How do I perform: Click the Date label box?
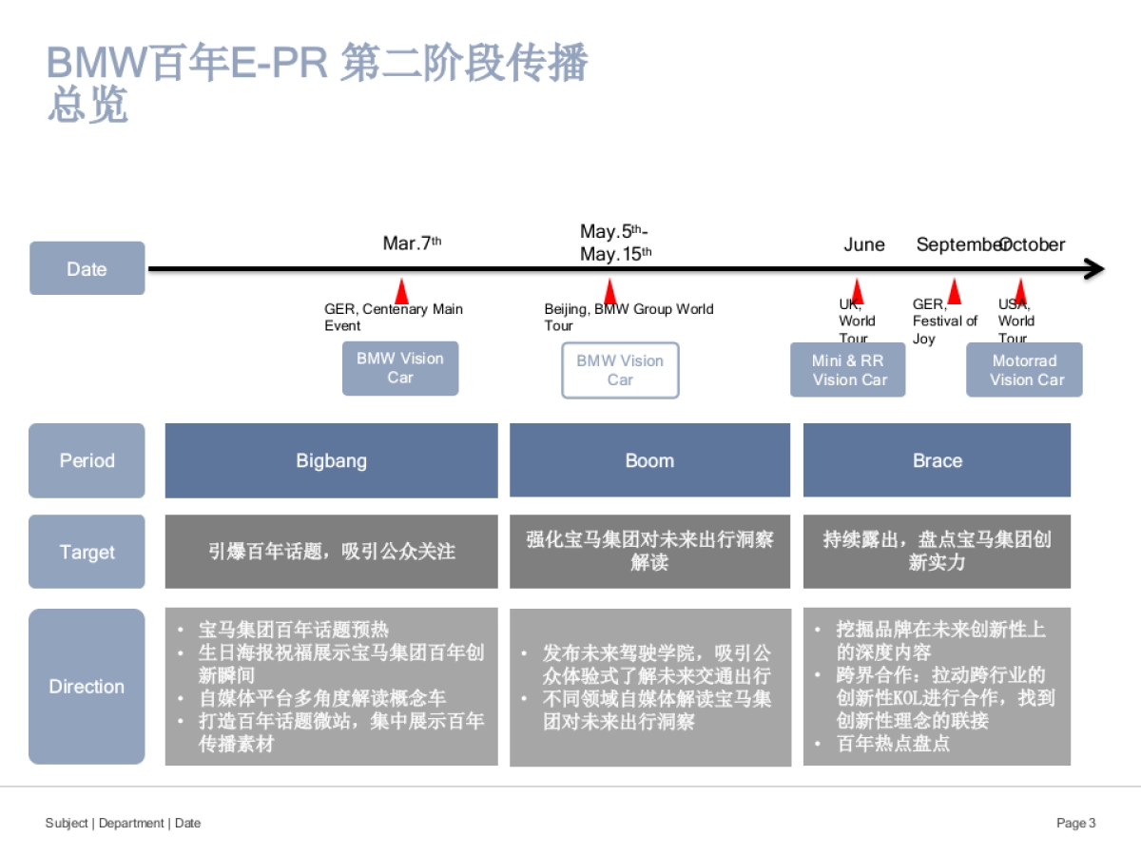[87, 268]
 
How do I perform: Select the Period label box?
[87, 460]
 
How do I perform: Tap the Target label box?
[87, 552]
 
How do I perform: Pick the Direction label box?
[87, 686]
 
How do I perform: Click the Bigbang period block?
[331, 460]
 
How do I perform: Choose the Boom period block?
[649, 460]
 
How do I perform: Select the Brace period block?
[937, 460]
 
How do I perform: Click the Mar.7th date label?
[411, 243]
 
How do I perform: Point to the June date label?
[863, 244]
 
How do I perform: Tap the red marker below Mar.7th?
[401, 292]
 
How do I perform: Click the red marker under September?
[954, 292]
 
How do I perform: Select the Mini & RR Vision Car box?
[847, 370]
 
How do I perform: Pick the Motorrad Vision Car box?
[1024, 370]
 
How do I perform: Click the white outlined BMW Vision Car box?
[620, 370]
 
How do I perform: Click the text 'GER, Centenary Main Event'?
[393, 317]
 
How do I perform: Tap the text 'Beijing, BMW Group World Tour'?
[628, 317]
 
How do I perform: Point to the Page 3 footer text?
[1075, 823]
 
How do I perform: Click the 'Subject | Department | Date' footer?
[123, 823]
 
